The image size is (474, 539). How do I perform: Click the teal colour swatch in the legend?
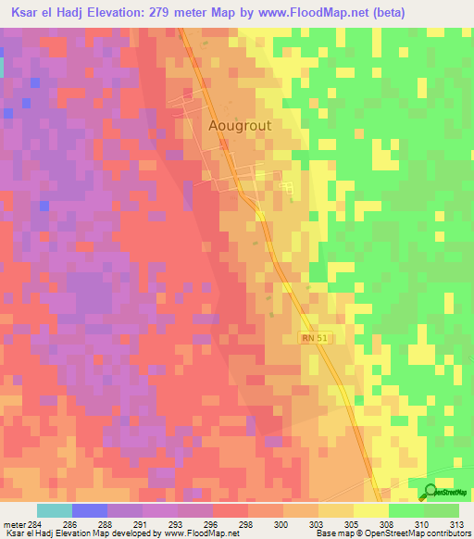click(x=55, y=510)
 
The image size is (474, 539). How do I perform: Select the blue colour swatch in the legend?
click(x=90, y=510)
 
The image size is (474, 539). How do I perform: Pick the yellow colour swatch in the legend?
click(x=371, y=510)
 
